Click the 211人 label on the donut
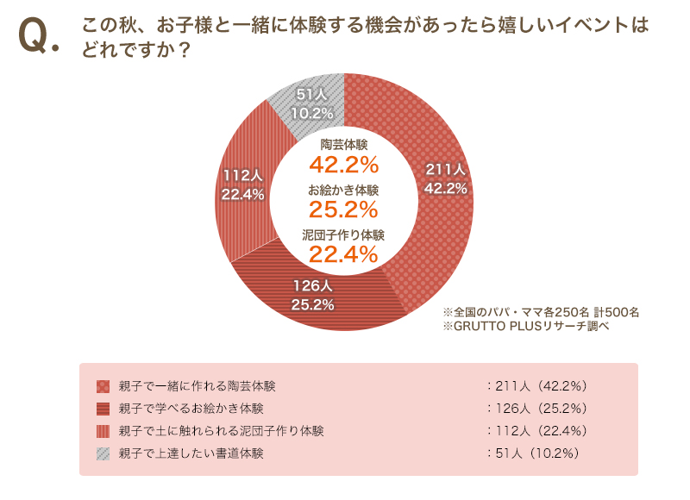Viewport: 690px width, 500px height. click(x=446, y=169)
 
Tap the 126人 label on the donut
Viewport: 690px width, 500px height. click(x=312, y=285)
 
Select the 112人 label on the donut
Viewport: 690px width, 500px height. click(x=242, y=175)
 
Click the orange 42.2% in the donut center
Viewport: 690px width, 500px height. click(x=344, y=164)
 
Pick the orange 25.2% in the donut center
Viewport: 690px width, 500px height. click(x=344, y=209)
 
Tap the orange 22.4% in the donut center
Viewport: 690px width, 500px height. click(x=344, y=253)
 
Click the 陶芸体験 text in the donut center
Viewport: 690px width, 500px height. click(x=344, y=143)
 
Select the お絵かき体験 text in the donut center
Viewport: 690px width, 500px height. click(x=344, y=189)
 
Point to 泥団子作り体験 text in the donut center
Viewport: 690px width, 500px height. click(x=344, y=234)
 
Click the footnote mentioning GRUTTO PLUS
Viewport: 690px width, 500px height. click(x=525, y=326)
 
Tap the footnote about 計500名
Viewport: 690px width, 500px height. click(x=541, y=311)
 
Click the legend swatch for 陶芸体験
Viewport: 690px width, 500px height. click(x=103, y=385)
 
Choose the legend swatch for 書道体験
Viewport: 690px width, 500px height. click(x=103, y=453)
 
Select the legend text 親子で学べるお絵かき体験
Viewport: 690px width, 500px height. click(x=191, y=408)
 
